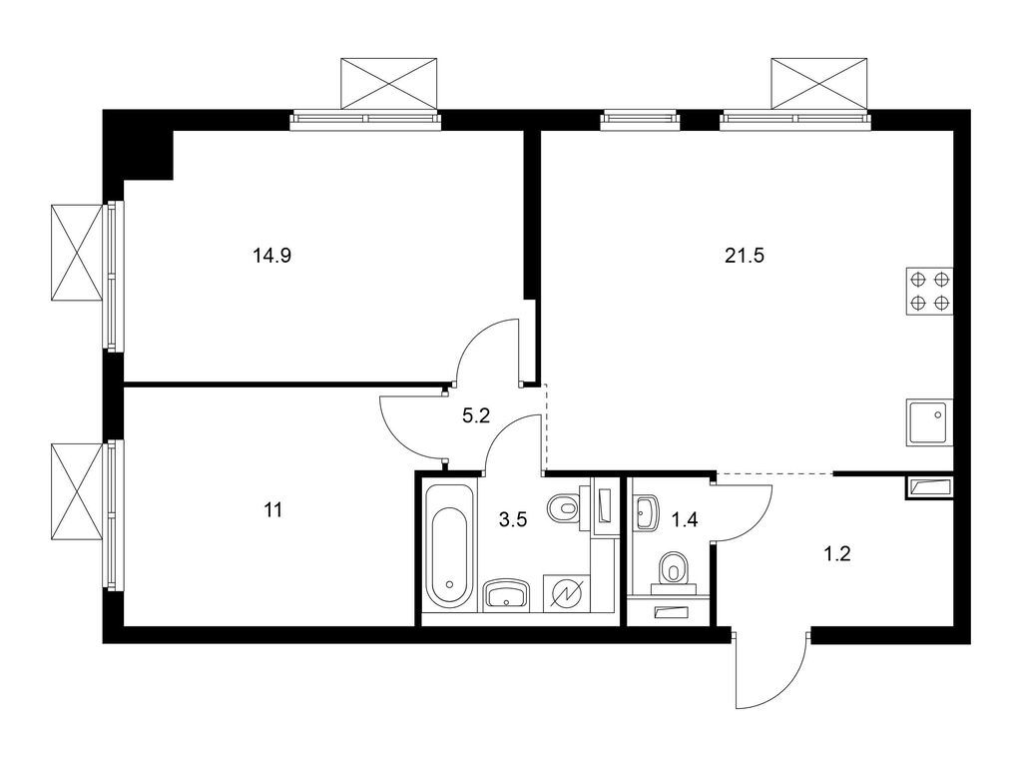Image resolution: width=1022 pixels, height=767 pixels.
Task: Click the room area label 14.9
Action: pos(271,255)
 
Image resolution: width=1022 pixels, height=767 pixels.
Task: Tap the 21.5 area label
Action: pos(744,255)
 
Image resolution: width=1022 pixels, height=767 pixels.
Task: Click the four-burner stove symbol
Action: pos(929,292)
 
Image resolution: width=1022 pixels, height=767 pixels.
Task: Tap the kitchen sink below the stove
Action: pos(929,422)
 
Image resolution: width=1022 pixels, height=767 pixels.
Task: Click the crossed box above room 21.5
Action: pos(818,82)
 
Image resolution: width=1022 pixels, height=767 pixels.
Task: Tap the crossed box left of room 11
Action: pos(77,491)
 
